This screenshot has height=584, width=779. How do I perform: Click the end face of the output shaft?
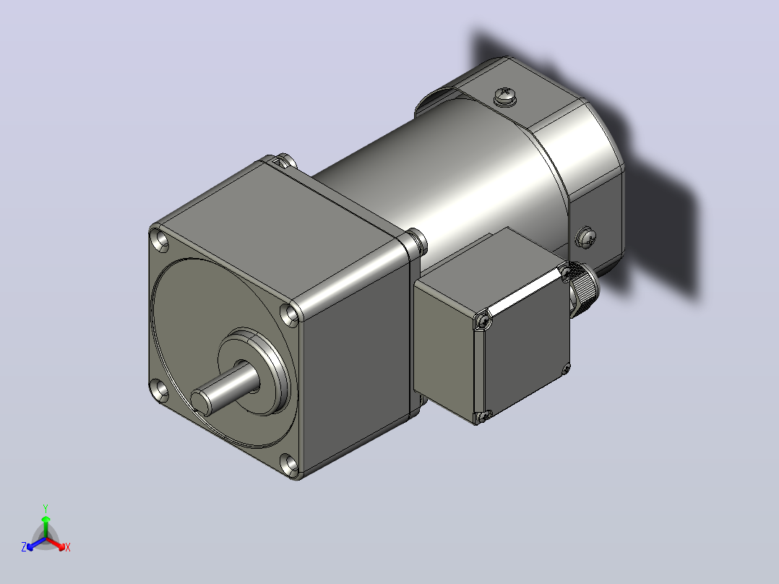pyautogui.click(x=200, y=402)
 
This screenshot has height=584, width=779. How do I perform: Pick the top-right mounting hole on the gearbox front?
pyautogui.click(x=290, y=314)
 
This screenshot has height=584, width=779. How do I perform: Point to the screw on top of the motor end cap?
pyautogui.click(x=505, y=95)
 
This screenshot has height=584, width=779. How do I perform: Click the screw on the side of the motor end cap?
pyautogui.click(x=586, y=238)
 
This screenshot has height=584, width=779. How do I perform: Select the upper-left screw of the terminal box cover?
pyautogui.click(x=482, y=321)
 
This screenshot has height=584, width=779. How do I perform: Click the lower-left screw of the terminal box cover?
pyautogui.click(x=481, y=416)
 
